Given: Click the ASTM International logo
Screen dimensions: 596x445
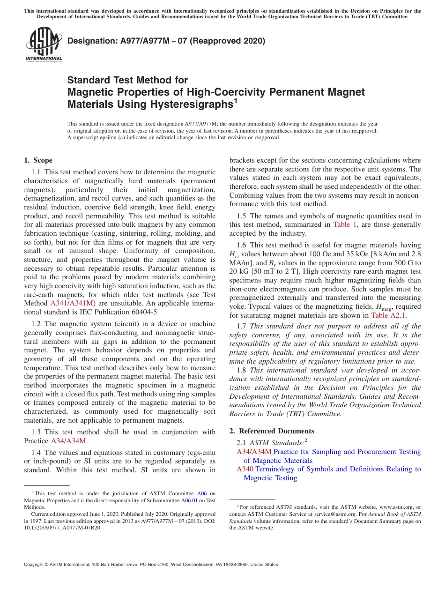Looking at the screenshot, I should (x=44, y=45).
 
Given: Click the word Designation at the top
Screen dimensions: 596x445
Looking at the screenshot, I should (x=90, y=41).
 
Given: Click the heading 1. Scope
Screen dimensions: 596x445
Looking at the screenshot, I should (x=38, y=160).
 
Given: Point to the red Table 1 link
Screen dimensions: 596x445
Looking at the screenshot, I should (x=345, y=225).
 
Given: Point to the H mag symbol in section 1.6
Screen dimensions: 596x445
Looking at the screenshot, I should (x=359, y=307).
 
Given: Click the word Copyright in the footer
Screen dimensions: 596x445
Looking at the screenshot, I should (x=34, y=565).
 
